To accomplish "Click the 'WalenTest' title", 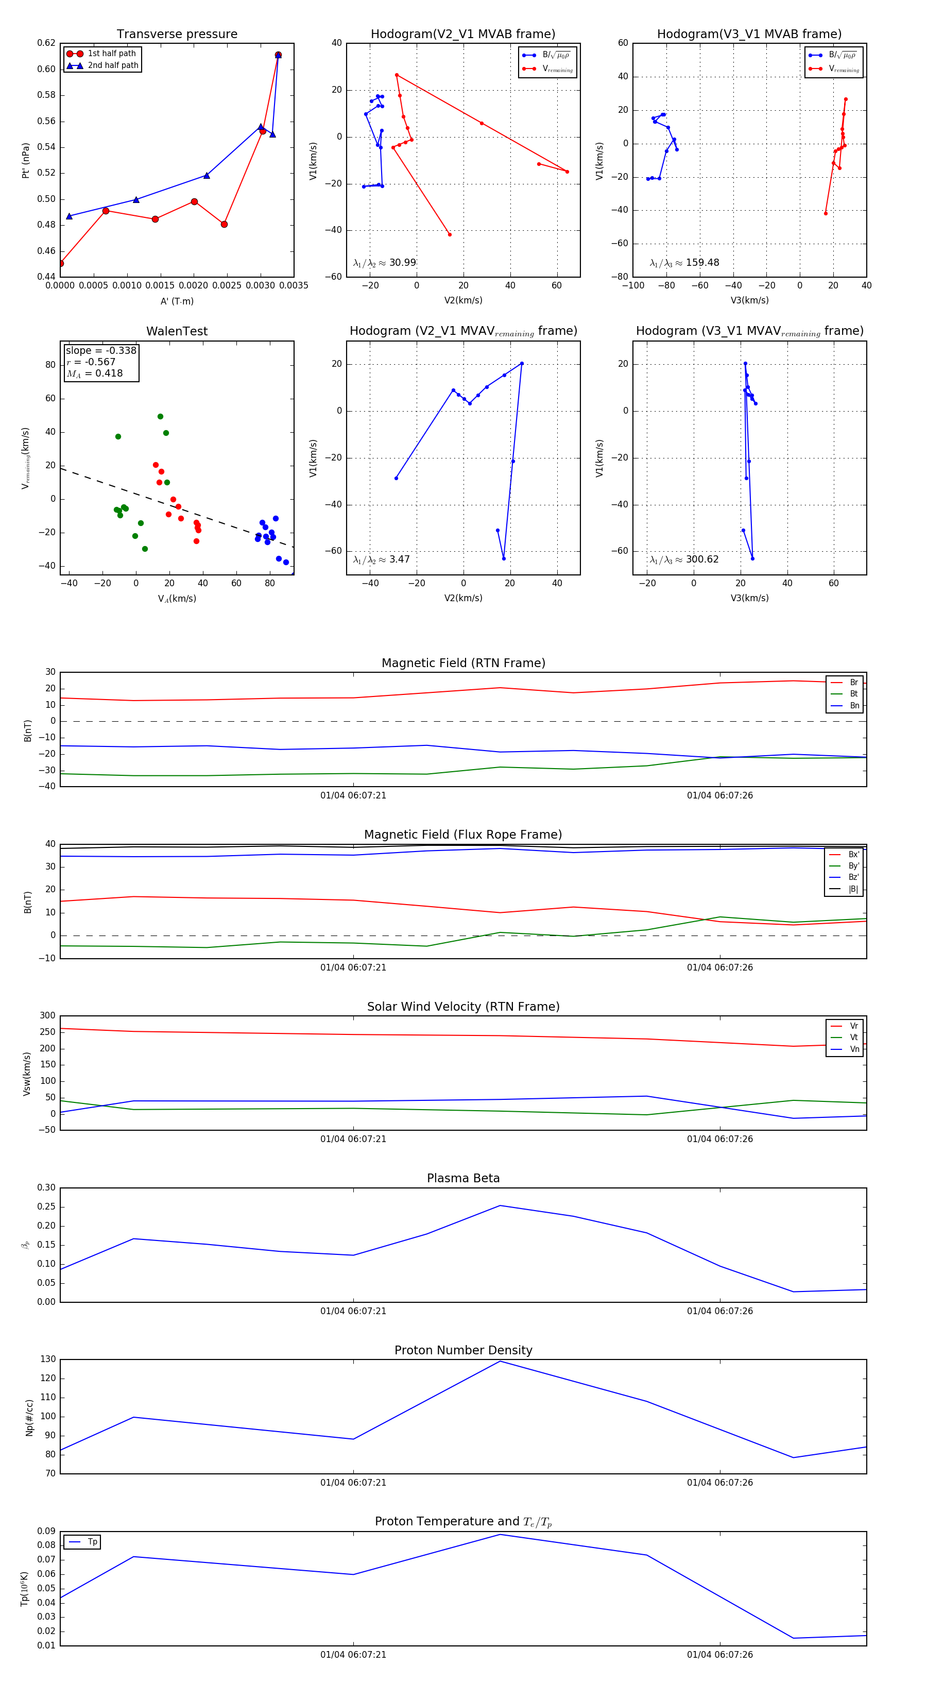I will pyautogui.click(x=177, y=331).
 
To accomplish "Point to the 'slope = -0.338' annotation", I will pyautogui.click(x=101, y=350).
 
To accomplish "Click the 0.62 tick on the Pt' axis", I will pyautogui.click(x=46, y=43).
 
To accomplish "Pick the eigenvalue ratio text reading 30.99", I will pyautogui.click(x=385, y=263).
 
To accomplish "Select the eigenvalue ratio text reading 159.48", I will pyautogui.click(x=684, y=263).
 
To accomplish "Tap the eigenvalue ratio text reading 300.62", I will pyautogui.click(x=684, y=559).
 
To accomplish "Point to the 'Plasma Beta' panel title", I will pyautogui.click(x=463, y=1179).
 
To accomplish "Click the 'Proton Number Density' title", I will pyautogui.click(x=463, y=1350).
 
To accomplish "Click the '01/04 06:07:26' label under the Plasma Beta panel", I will pyautogui.click(x=720, y=1311).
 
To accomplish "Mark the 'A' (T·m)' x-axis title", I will pyautogui.click(x=177, y=301).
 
